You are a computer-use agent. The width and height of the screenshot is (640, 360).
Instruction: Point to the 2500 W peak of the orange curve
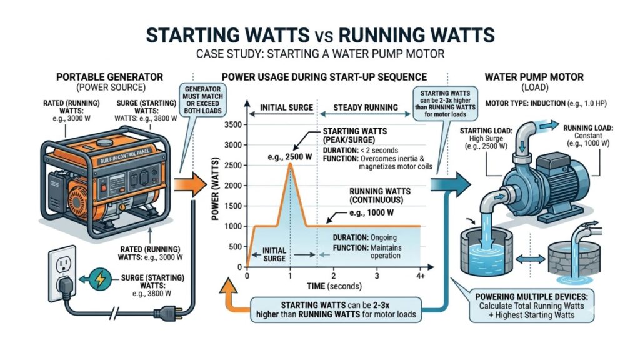pyautogui.click(x=290, y=164)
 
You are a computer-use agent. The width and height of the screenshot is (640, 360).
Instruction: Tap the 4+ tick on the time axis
pyautogui.click(x=421, y=276)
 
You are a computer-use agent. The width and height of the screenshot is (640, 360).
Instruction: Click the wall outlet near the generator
pyautogui.click(x=62, y=273)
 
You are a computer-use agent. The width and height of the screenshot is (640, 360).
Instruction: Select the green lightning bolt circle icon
pyautogui.click(x=100, y=279)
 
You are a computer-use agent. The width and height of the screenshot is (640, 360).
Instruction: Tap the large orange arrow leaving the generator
pyautogui.click(x=190, y=184)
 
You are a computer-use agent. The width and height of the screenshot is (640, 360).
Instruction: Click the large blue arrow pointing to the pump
pyautogui.click(x=451, y=184)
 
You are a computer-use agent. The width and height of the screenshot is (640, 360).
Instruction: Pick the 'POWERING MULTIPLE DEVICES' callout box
pyautogui.click(x=531, y=306)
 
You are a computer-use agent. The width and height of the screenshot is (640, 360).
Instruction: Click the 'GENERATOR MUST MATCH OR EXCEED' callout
pyautogui.click(x=202, y=100)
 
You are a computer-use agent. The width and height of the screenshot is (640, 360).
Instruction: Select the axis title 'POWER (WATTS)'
pyautogui.click(x=216, y=189)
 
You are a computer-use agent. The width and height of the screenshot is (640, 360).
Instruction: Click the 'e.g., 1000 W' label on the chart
pyautogui.click(x=371, y=212)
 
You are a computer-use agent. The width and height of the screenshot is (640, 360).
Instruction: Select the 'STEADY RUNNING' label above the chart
pyautogui.click(x=366, y=107)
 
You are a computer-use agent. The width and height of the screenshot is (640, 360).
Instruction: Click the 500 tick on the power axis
pyautogui.click(x=236, y=246)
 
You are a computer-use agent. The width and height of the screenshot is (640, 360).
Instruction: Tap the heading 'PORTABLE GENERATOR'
pyautogui.click(x=109, y=77)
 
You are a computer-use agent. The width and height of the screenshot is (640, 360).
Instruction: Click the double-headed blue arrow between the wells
pyautogui.click(x=531, y=259)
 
